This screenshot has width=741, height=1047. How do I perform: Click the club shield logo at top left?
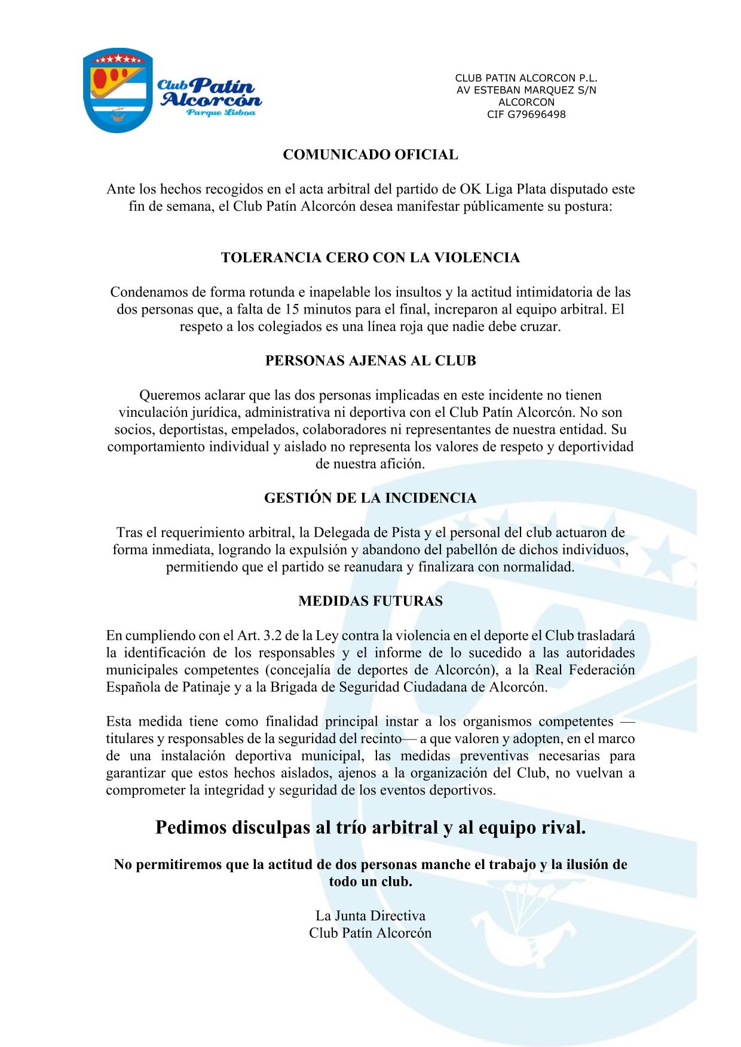[117, 90]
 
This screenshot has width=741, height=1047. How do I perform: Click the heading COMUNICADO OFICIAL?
[370, 155]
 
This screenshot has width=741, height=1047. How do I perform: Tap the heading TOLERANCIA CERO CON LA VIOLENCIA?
[370, 258]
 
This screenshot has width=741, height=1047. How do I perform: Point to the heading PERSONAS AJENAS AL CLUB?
[370, 361]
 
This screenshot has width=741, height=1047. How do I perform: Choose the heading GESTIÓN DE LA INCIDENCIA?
[370, 498]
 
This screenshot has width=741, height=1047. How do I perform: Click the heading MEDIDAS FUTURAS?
[370, 601]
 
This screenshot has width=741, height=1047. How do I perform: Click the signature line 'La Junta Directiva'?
[370, 916]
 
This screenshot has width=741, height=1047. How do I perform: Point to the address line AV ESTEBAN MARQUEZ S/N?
[526, 90]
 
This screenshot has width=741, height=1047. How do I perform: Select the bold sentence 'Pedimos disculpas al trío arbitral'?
[370, 828]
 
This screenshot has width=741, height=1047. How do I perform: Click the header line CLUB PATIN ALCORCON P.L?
[526, 78]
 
